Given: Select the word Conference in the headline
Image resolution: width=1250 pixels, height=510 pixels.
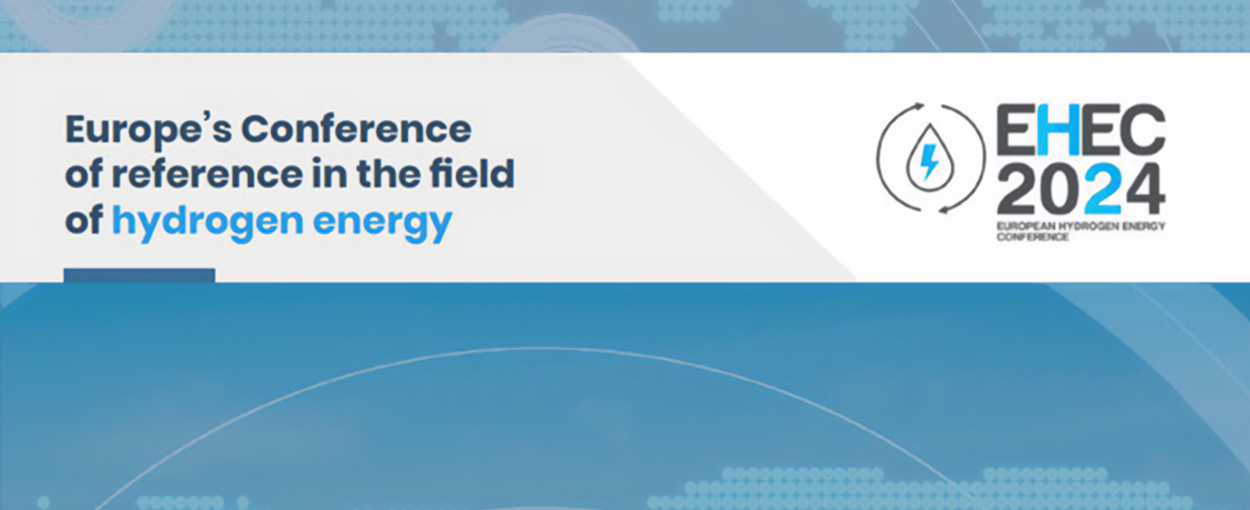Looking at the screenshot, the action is tap(356, 129).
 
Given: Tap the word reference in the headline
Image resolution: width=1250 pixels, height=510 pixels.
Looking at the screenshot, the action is tap(207, 174).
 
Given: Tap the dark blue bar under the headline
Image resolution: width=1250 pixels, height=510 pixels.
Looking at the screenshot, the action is tap(139, 275).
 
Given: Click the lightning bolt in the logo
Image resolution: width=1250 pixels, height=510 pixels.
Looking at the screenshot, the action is tap(929, 162).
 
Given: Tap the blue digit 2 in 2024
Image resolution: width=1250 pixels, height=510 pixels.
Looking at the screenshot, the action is tap(1102, 190).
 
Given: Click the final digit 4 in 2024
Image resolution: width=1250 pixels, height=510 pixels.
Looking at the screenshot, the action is tap(1144, 190).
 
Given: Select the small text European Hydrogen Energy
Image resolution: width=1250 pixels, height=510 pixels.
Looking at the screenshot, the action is tap(1081, 227).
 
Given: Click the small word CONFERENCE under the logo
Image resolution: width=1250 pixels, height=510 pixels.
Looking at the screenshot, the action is tap(1032, 237).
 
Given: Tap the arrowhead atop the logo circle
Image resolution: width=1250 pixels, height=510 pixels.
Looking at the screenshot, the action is tap(919, 107).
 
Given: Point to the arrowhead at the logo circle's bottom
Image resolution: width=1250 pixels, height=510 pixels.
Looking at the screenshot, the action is tap(944, 210).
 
